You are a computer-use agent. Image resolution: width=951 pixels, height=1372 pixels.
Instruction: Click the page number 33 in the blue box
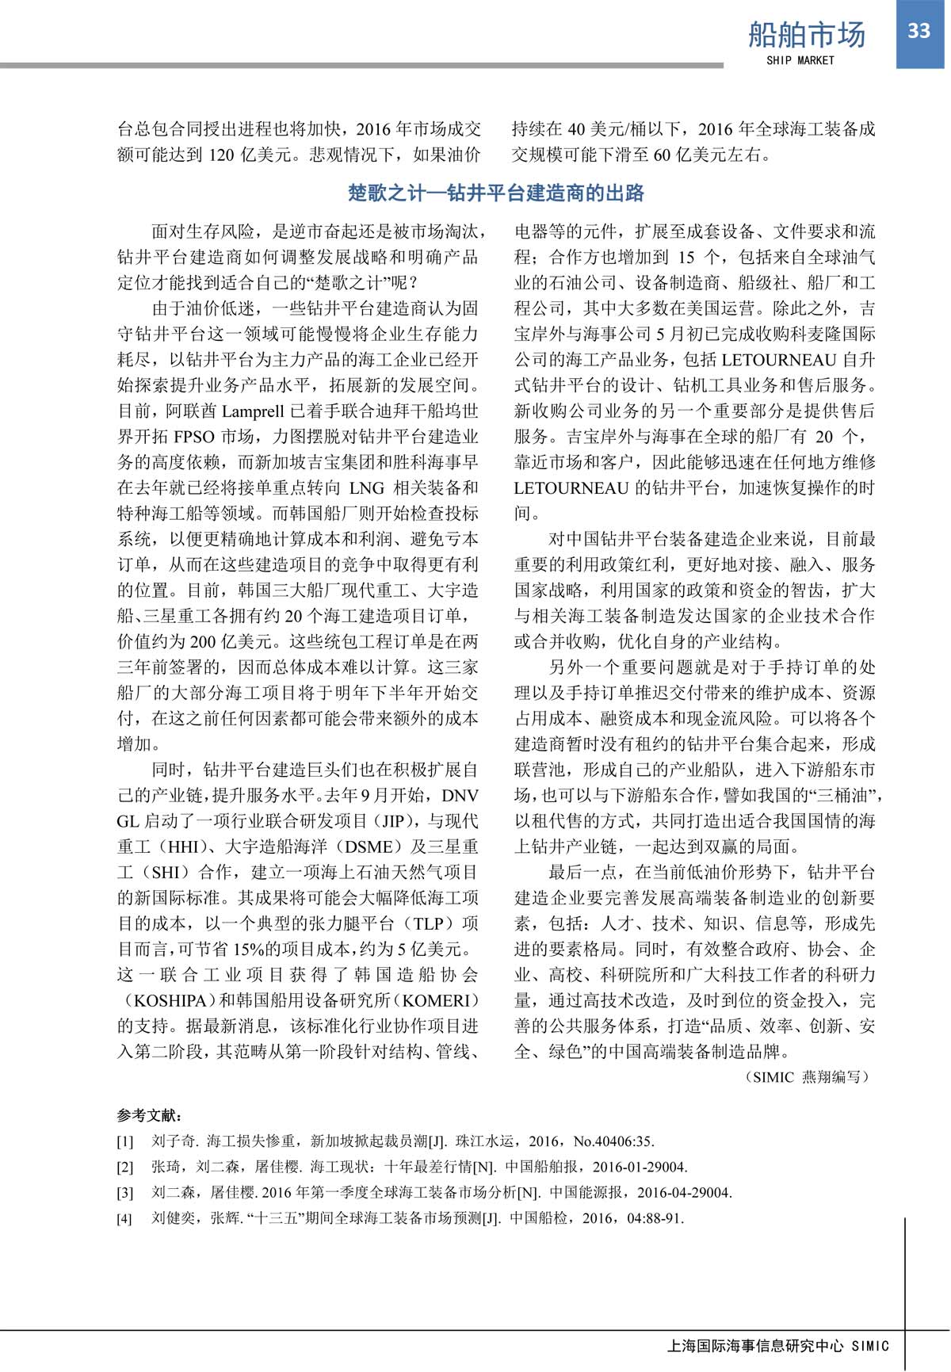pyautogui.click(x=919, y=31)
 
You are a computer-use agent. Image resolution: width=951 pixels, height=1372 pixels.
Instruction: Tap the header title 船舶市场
pyautogui.click(x=807, y=35)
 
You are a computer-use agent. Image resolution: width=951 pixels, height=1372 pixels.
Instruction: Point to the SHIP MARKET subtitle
pyautogui.click(x=800, y=60)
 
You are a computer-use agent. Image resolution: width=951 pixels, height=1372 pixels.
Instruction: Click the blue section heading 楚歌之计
pyautogui.click(x=496, y=193)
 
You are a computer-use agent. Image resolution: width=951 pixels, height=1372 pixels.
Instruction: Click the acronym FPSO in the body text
pyautogui.click(x=193, y=437)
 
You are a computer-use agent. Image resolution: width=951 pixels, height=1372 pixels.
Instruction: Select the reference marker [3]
pyautogui.click(x=125, y=1192)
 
